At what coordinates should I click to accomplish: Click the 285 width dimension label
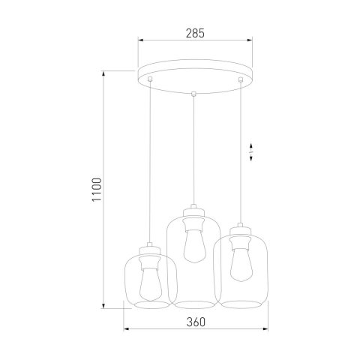click(x=194, y=34)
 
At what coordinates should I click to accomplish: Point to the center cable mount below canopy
click(x=194, y=94)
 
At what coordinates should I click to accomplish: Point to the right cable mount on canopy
click(x=240, y=79)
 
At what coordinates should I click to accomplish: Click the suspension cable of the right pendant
click(x=240, y=150)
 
